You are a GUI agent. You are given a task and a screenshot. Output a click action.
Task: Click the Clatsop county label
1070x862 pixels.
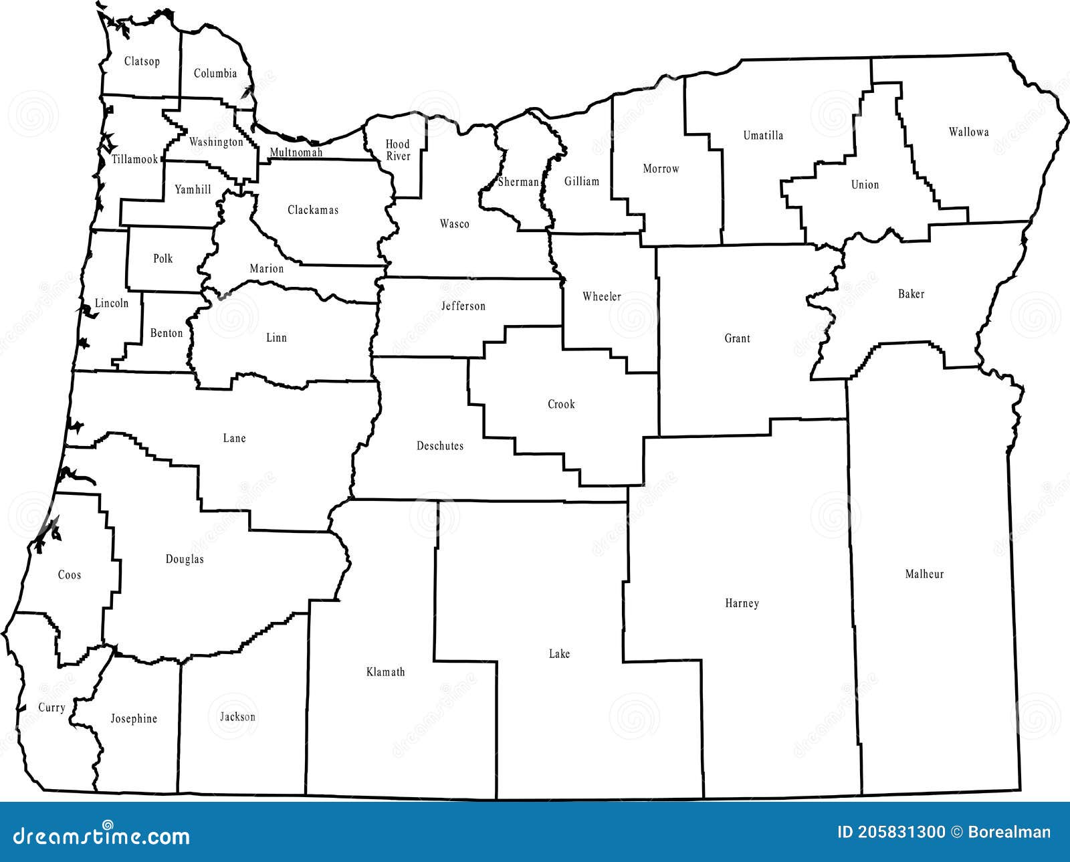pos(142,62)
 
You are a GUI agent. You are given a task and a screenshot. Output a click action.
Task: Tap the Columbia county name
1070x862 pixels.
pos(215,74)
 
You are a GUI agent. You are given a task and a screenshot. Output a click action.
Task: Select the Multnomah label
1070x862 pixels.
pos(296,152)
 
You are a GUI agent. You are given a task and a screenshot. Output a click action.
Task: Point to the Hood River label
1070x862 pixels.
pos(397,150)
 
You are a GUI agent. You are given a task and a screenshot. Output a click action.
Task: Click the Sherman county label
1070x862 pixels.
pos(518,182)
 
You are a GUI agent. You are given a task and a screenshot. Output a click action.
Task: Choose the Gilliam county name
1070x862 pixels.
pos(581,181)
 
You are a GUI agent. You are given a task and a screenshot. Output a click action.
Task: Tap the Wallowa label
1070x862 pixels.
pos(968,132)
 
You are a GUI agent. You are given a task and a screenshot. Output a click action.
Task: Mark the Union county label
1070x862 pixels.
pos(865,185)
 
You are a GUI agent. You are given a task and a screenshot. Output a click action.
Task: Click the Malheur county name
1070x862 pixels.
pos(924,574)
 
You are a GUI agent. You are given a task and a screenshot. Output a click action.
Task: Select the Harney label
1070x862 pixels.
pos(742,603)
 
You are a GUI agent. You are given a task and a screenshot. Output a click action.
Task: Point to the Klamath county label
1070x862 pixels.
pos(386,672)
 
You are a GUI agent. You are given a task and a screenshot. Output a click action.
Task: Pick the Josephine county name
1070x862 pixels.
pos(134,719)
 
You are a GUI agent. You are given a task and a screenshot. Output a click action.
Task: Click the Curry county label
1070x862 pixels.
pos(51,708)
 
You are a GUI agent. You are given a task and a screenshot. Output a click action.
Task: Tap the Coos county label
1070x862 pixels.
pos(70,575)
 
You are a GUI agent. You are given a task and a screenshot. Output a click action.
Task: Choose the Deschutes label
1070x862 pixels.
pos(440,446)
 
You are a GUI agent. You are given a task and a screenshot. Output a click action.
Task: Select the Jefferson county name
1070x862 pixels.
pos(463,306)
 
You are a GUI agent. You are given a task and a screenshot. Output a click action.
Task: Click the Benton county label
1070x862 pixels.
pos(167,333)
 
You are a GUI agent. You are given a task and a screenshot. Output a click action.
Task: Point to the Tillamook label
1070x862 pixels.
pos(134,159)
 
